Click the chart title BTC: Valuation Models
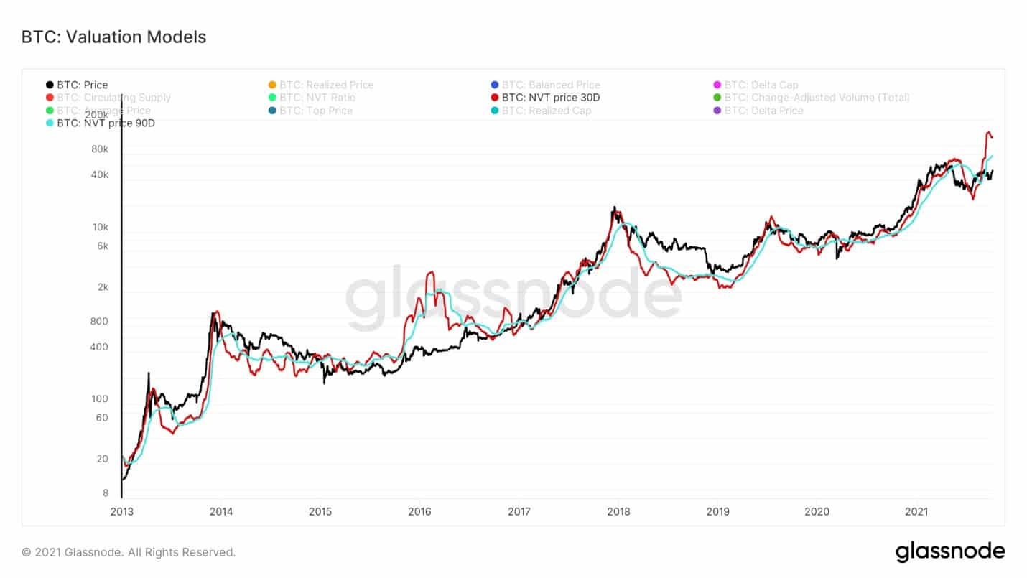point(113,37)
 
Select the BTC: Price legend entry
point(77,85)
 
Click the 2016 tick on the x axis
point(419,512)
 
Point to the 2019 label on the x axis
point(717,512)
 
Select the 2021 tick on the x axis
point(916,512)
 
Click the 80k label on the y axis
point(99,149)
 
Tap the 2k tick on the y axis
point(102,287)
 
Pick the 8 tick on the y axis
point(105,493)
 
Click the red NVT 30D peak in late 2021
point(988,133)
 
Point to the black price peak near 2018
point(614,208)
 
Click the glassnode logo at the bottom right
point(950,551)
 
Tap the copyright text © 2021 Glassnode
point(129,552)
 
